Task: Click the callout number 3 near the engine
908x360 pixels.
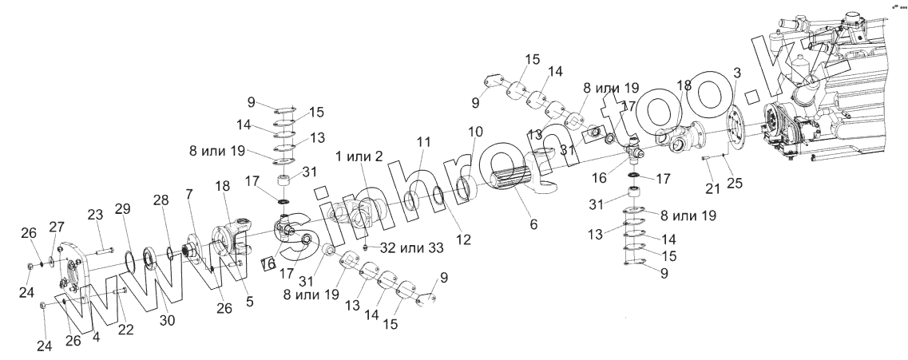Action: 737,73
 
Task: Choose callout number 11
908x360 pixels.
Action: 423,142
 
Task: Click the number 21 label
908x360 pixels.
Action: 712,188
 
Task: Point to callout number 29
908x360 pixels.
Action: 122,209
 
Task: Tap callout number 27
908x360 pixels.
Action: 57,227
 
